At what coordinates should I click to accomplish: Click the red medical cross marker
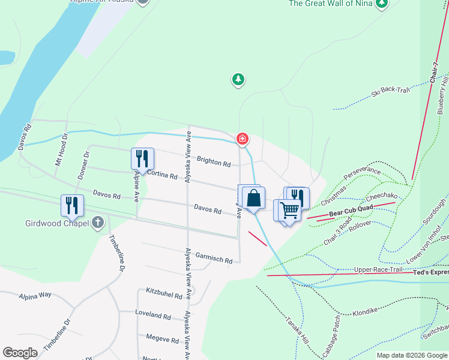[243, 139]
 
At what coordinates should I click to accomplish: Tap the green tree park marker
[238, 79]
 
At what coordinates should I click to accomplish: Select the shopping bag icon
[254, 198]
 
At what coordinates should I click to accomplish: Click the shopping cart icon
[289, 211]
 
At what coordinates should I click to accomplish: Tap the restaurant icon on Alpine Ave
[142, 159]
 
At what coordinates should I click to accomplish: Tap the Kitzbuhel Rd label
[164, 293]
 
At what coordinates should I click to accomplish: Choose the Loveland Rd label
[154, 316]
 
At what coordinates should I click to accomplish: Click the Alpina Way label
[35, 295]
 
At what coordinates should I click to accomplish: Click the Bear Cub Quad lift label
[351, 210]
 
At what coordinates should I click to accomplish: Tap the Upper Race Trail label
[378, 270]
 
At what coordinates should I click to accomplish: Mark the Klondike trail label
[364, 313]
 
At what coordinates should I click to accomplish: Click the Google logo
[20, 352]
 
